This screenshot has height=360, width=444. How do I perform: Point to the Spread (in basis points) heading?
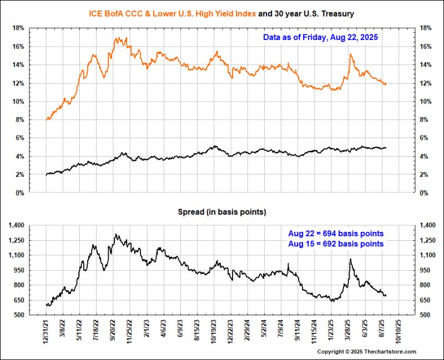[x=221, y=212]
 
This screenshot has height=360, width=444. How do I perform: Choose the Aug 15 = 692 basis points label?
[x=336, y=244]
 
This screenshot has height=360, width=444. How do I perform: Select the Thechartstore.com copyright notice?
[x=366, y=352]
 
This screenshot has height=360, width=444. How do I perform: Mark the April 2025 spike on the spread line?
[x=350, y=259]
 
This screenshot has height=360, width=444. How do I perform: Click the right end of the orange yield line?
[x=385, y=84]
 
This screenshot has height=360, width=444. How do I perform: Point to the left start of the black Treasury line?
[x=46, y=174]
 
